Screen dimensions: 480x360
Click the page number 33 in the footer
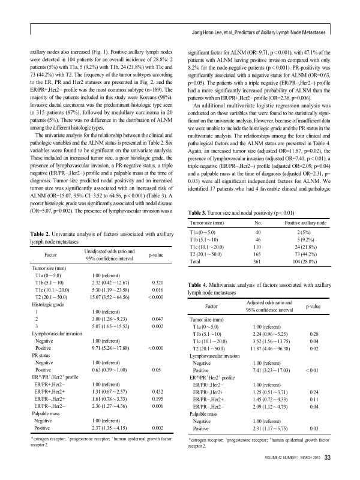point(328,458)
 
